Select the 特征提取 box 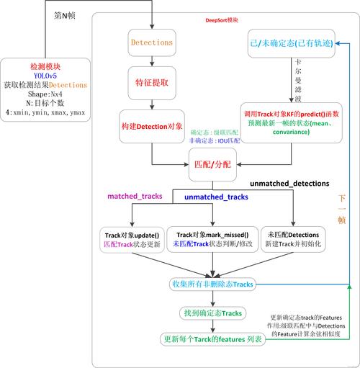[150, 83]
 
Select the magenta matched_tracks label [135, 196]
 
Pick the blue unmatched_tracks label [216, 196]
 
